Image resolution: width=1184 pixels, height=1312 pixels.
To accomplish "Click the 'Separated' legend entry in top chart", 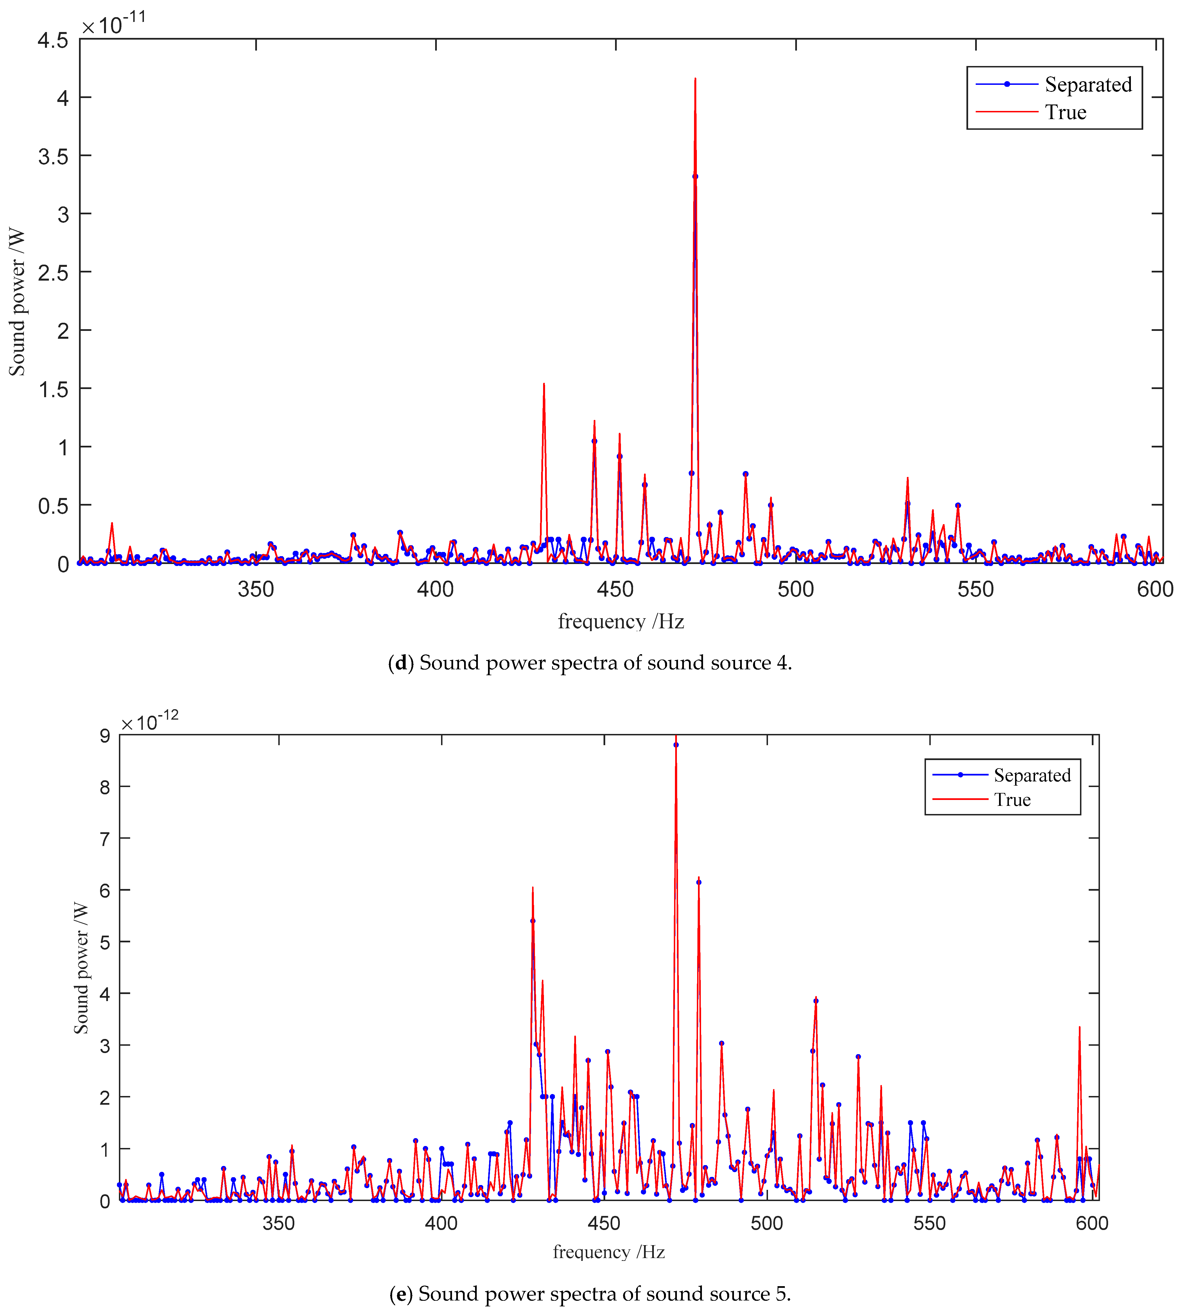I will [1088, 85].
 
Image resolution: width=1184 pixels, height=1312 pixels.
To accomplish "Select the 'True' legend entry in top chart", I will [1066, 112].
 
